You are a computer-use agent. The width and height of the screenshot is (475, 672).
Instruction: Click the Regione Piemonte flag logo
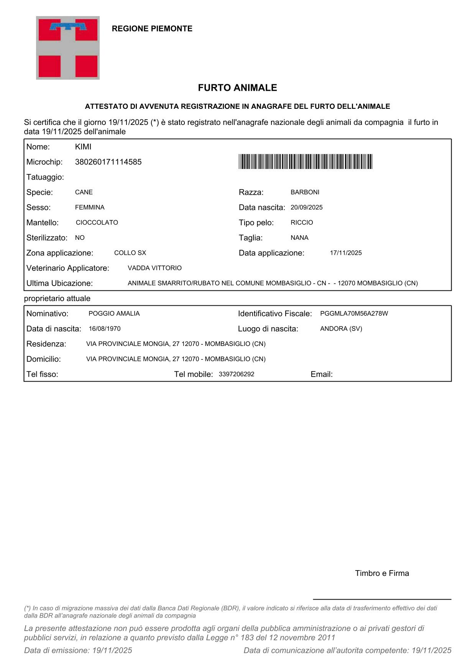pos(68,48)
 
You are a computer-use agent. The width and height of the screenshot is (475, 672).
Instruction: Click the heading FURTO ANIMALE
pos(237,88)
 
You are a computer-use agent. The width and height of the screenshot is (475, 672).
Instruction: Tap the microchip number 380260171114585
pos(108,162)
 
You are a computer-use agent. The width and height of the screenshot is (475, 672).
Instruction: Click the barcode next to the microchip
pos(305,161)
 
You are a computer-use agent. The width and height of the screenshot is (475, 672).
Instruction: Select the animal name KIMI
pos(83,147)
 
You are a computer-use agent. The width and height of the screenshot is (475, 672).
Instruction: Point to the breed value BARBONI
pos(305,192)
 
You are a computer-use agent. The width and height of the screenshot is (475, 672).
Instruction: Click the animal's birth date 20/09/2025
pos(306,207)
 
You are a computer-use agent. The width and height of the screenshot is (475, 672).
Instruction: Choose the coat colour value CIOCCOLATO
pos(97,223)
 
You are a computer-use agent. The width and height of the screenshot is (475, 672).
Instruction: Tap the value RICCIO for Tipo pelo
pos(302,223)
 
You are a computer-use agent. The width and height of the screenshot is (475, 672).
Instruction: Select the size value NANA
pos(299,238)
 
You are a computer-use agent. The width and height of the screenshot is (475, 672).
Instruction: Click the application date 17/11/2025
pos(346,253)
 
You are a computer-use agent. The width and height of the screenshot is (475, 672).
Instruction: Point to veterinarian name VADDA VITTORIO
pos(154,268)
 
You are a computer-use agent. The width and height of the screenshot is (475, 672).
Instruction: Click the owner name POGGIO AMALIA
pos(114,313)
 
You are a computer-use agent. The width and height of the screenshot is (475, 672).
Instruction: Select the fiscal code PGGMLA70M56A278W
pos(354,313)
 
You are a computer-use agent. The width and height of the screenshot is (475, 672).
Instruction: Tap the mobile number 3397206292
pos(237,374)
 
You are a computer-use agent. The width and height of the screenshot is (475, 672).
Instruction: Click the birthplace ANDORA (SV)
pos(341,329)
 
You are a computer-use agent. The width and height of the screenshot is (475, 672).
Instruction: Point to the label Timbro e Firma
pos(382,573)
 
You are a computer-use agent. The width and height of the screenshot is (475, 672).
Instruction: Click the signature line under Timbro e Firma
pos(382,599)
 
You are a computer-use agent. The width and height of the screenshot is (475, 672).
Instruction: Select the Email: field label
pos(321,374)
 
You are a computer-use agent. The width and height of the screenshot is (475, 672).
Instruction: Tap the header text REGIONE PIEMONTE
pos(152,29)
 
